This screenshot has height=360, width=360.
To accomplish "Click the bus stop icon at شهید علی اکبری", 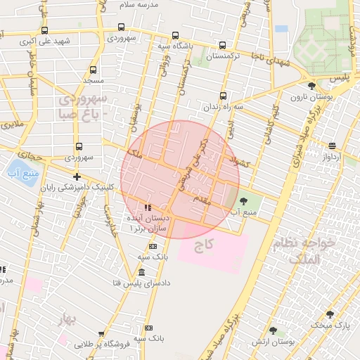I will pos(45,30).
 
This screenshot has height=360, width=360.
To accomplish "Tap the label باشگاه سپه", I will pos(174,46).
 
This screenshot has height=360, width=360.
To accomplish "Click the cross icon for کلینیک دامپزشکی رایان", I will pos(77,176).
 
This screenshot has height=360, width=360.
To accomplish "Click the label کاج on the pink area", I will pos(204,245).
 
